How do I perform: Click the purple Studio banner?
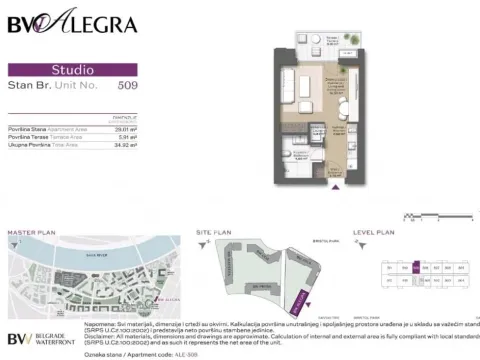coord(72,70)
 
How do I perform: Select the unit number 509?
coord(128,86)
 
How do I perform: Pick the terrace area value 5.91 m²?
coord(126,138)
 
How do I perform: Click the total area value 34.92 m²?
coord(125,146)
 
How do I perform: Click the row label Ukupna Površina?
coord(30,146)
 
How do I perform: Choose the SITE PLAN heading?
coord(214,232)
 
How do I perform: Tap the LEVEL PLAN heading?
coord(375,232)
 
